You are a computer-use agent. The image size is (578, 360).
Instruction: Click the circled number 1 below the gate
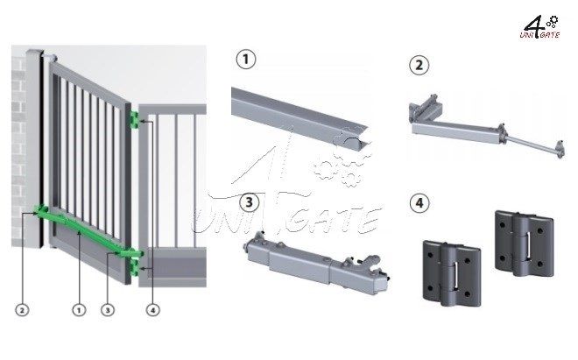pyautogui.click(x=79, y=310)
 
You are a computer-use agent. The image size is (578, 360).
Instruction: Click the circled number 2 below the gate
pyautogui.click(x=22, y=310)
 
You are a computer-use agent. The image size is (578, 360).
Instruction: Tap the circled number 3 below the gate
pyautogui.click(x=108, y=310)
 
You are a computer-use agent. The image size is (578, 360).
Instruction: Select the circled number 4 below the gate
pyautogui.click(x=152, y=310)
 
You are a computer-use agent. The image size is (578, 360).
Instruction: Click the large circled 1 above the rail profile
pyautogui.click(x=246, y=60)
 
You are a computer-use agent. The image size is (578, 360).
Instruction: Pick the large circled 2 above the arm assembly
pyautogui.click(x=419, y=66)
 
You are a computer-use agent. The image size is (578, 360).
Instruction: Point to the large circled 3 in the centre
pyautogui.click(x=250, y=202)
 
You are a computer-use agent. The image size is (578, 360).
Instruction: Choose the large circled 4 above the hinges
pyautogui.click(x=419, y=202)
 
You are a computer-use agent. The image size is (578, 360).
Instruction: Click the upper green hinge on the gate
pyautogui.click(x=133, y=120)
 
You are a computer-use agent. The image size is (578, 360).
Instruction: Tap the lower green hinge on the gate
pyautogui.click(x=134, y=268)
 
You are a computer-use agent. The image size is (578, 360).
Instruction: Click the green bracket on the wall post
pyautogui.click(x=39, y=210)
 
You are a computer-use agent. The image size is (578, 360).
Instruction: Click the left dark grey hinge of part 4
pyautogui.click(x=452, y=273)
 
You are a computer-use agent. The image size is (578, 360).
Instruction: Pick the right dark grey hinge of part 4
pyautogui.click(x=525, y=244)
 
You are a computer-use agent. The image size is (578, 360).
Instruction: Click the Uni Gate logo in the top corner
pyautogui.click(x=540, y=27)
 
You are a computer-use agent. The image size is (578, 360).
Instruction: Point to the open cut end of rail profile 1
pyautogui.click(x=356, y=139)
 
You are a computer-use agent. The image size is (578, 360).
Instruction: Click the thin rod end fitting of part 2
pyautogui.click(x=560, y=150)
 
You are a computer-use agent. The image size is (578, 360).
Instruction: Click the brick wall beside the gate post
pyautogui.click(x=18, y=147)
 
